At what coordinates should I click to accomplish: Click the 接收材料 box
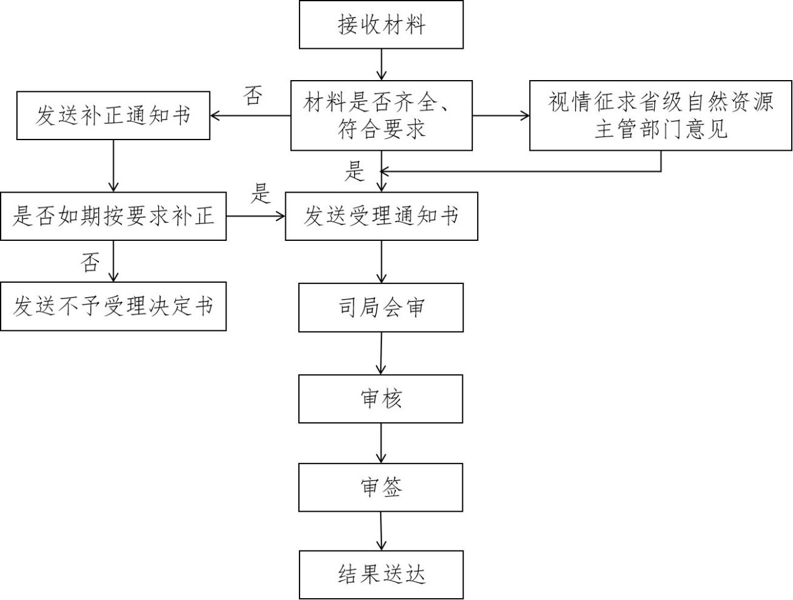point(381,25)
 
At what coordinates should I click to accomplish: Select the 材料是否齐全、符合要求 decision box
point(381,115)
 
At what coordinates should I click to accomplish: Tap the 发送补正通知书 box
point(113,116)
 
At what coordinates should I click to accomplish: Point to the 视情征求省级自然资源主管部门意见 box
point(661,115)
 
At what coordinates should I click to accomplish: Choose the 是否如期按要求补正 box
point(113,216)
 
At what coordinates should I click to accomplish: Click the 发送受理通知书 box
point(381,216)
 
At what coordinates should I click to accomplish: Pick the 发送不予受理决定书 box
point(113,306)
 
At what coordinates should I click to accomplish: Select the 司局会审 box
point(381,307)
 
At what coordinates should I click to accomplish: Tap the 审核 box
point(381,399)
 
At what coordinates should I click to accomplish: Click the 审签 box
point(381,487)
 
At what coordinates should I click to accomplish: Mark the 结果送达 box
point(381,574)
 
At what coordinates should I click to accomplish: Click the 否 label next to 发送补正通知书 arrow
point(252,96)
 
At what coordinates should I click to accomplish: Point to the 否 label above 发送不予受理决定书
point(90,262)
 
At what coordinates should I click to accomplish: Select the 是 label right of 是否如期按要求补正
point(261,194)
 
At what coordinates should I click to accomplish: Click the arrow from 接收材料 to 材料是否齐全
point(381,64)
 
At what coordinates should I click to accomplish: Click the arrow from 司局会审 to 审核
point(381,353)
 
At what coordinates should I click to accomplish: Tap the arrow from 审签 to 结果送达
point(381,531)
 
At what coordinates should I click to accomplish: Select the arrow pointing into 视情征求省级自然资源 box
point(500,115)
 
